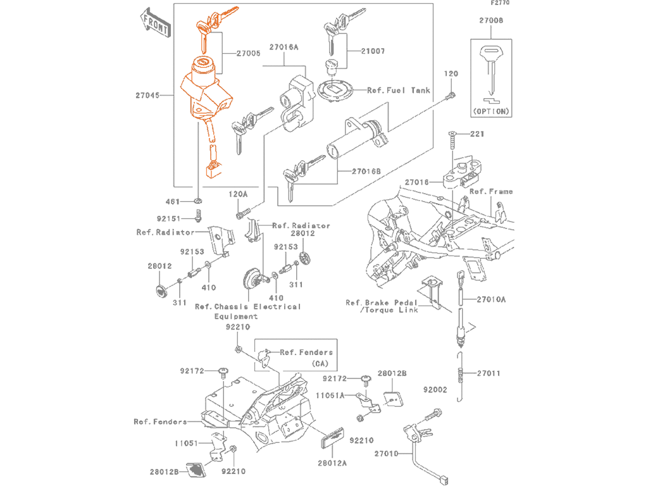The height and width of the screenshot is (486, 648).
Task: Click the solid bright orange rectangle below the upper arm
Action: tap(197, 42)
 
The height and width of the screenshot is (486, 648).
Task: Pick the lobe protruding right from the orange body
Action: tap(238, 92)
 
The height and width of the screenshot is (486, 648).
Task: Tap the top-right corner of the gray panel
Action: tap(514, 1)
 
